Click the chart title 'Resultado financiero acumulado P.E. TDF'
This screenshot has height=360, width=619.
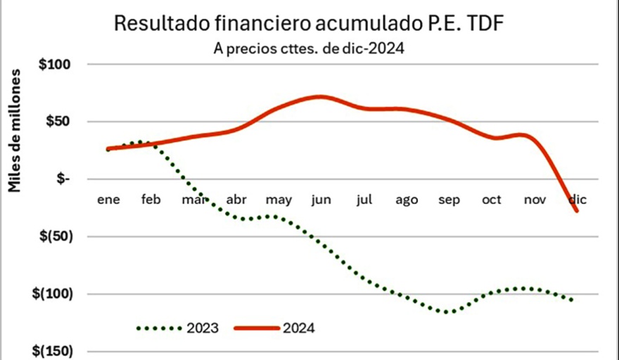pyautogui.click(x=309, y=25)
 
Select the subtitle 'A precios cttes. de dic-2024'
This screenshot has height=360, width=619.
pyautogui.click(x=309, y=50)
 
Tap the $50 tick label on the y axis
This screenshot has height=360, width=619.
pyautogui.click(x=59, y=122)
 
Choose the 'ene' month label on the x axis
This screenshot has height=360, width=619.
pyautogui.click(x=108, y=200)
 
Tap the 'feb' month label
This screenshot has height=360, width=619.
pyautogui.click(x=151, y=200)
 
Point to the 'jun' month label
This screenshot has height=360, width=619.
pyautogui.click(x=321, y=200)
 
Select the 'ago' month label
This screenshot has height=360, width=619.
pyautogui.click(x=407, y=200)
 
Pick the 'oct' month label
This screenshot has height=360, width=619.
pyautogui.click(x=492, y=200)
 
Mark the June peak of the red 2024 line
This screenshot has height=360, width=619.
pyautogui.click(x=321, y=96)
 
